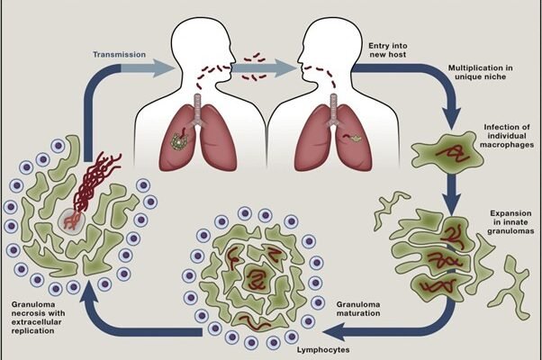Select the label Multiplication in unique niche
(480, 74)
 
